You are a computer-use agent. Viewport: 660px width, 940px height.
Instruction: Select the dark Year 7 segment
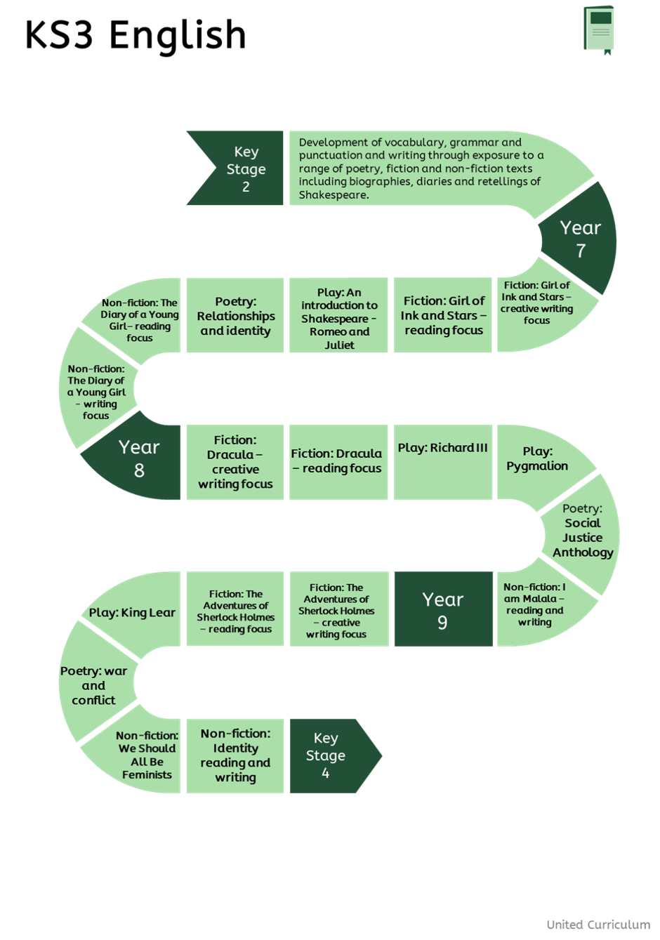coord(581,239)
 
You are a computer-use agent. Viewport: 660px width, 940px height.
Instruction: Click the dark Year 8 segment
coord(139,458)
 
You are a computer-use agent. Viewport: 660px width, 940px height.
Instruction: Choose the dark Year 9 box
coord(442,610)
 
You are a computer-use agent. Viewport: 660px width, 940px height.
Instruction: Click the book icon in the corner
coord(598,29)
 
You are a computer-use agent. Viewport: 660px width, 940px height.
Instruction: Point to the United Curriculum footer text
coord(598,925)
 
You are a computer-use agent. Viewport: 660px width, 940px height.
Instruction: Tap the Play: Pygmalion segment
coord(538,459)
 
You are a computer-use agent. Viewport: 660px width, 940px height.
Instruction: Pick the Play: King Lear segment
coord(132,613)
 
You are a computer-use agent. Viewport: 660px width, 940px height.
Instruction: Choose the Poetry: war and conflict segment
coord(93,686)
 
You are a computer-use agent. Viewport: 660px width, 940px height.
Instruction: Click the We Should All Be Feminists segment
coord(147,755)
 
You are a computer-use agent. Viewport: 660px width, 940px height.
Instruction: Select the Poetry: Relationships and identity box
coord(235,316)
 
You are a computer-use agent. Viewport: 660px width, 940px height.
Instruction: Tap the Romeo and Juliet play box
coord(339,318)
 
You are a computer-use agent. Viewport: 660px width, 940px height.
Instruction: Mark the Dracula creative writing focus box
coord(235,462)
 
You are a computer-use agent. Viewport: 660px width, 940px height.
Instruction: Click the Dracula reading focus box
coord(337,461)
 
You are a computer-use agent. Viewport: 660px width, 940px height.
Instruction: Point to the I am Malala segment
coord(535,604)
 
